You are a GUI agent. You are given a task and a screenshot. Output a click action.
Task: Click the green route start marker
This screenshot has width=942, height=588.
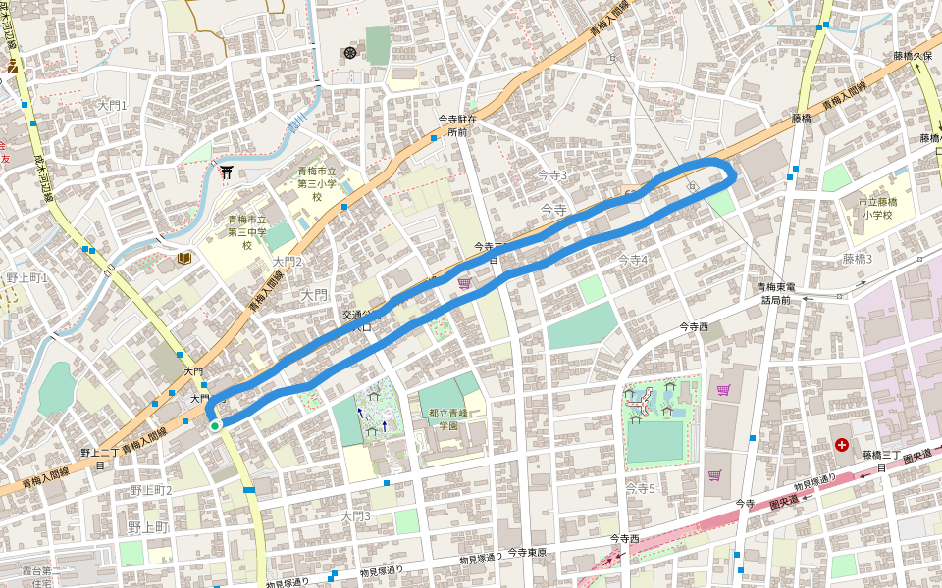[x=215, y=425]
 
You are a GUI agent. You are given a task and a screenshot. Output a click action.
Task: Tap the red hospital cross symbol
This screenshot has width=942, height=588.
[x=841, y=444]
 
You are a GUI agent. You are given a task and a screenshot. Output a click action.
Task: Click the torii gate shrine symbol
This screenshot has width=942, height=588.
[x=228, y=172]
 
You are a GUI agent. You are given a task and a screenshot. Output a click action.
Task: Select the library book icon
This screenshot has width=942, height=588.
[x=183, y=258]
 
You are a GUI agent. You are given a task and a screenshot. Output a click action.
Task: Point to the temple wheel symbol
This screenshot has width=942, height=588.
[x=350, y=52]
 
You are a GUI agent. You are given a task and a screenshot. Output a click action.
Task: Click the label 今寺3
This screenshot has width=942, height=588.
[x=552, y=174]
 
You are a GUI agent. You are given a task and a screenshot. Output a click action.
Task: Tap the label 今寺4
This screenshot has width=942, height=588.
[x=633, y=260]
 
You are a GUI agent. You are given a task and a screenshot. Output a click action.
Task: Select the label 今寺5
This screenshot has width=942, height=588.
[x=640, y=488]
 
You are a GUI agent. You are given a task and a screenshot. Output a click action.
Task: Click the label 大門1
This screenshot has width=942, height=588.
[x=113, y=105]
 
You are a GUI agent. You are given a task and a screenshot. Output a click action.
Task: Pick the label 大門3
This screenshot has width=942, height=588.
[x=356, y=515]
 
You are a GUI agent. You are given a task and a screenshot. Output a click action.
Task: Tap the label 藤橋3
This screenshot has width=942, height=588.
[x=857, y=259]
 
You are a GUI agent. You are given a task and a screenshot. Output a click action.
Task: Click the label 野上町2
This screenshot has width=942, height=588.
[x=151, y=490]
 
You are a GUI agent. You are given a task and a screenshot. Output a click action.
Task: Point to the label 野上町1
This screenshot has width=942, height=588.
[x=26, y=278]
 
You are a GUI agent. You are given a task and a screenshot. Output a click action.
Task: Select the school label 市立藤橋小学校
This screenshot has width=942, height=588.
[x=871, y=208]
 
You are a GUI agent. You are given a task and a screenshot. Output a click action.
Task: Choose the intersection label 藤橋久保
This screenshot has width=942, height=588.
[x=912, y=57]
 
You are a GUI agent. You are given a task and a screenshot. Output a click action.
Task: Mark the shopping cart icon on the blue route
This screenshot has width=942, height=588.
[x=463, y=282]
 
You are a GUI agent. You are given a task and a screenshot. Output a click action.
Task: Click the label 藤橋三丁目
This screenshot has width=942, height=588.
[x=881, y=461]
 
